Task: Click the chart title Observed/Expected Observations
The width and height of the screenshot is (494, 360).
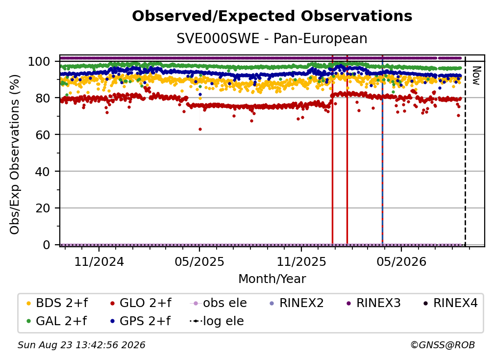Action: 272,16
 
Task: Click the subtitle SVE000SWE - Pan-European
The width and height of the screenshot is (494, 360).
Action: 272,39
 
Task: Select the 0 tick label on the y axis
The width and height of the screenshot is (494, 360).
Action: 47,245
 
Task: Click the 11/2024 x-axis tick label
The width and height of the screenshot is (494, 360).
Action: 99,262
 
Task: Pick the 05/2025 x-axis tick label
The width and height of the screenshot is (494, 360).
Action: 199,262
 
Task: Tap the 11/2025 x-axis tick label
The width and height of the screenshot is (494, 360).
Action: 301,262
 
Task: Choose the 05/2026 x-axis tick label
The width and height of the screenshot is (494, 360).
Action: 401,262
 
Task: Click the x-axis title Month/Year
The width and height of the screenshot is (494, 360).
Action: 272,279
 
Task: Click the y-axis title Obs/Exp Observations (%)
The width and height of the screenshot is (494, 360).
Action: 15,154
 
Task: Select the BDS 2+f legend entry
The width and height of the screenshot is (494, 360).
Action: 57,303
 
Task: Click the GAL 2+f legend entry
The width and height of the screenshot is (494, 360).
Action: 56,321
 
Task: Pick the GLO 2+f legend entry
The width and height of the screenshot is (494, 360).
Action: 141,303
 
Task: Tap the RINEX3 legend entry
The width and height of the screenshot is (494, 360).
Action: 373,303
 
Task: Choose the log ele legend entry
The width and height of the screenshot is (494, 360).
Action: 217,321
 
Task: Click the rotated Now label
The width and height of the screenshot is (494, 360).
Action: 476,76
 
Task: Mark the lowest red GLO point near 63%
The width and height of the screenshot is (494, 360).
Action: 200,129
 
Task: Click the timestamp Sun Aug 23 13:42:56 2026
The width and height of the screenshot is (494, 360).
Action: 81,345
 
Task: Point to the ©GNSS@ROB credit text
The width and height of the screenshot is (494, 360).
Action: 443,345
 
